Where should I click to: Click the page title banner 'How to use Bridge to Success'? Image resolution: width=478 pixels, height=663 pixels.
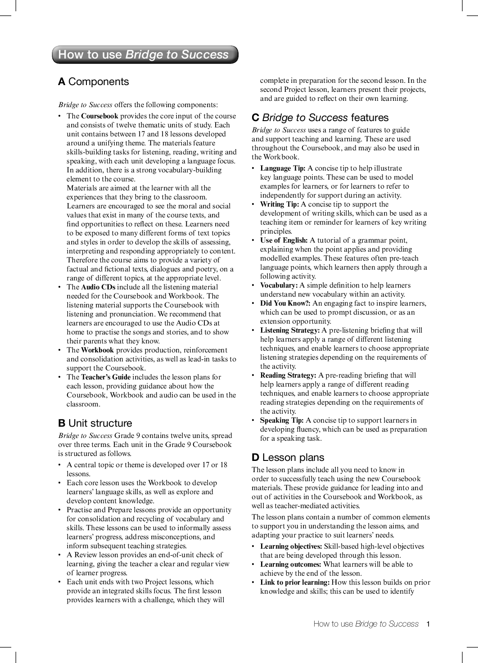point(144,54)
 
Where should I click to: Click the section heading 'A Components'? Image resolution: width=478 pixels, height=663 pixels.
point(94,81)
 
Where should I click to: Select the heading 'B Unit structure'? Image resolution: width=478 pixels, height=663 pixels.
point(95,423)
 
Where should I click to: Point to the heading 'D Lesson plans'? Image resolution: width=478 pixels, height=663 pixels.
point(288,457)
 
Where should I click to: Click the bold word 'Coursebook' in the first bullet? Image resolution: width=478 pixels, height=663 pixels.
point(99,116)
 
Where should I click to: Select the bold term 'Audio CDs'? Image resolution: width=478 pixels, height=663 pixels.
point(98,287)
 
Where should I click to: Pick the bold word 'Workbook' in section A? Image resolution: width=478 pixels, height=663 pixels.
point(97,350)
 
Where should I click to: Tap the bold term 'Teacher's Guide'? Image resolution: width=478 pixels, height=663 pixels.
point(106,377)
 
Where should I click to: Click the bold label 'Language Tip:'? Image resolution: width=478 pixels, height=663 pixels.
point(283,168)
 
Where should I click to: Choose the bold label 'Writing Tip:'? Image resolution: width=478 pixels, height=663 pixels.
point(280,204)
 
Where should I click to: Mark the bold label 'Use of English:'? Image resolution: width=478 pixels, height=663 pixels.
point(284,240)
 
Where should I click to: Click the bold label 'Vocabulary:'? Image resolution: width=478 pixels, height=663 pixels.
point(279,285)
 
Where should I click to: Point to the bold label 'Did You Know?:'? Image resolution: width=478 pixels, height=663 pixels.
point(285,303)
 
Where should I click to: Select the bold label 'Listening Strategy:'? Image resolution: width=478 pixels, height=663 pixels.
point(290,330)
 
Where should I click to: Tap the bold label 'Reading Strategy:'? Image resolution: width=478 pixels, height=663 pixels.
point(288,375)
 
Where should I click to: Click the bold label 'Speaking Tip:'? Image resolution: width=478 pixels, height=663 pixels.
point(282,420)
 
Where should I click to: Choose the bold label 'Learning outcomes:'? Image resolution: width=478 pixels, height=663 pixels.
point(291,564)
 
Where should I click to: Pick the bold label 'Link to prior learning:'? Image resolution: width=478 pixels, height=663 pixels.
point(295,582)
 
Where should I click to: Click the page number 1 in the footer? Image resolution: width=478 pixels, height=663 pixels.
point(428,624)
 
